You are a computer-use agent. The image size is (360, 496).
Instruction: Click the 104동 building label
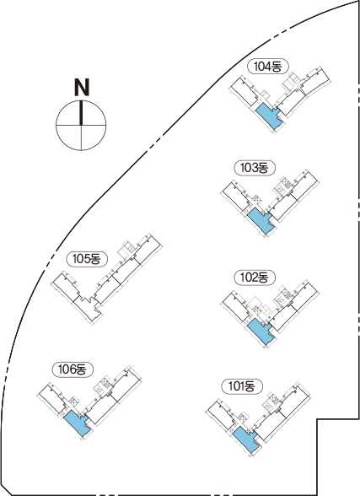tap(267, 67)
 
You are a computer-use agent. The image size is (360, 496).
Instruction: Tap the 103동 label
tap(254, 168)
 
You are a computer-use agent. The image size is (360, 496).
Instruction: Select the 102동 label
tap(254, 278)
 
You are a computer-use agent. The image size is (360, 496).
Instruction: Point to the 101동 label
tap(241, 386)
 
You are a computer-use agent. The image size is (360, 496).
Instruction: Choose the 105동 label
tap(86, 259)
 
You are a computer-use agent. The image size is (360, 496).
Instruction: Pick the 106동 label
tap(73, 369)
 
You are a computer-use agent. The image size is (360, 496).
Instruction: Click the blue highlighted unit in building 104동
tap(269, 116)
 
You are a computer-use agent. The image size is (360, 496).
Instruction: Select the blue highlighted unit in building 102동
tap(261, 332)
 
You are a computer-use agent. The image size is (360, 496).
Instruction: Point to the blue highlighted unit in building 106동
tap(78, 423)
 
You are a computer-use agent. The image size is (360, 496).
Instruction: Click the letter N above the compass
tap(82, 88)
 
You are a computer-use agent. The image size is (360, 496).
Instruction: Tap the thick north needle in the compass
tap(81, 113)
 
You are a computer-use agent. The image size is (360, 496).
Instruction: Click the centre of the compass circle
tap(81, 125)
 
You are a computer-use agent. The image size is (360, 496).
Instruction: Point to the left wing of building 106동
tap(54, 397)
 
